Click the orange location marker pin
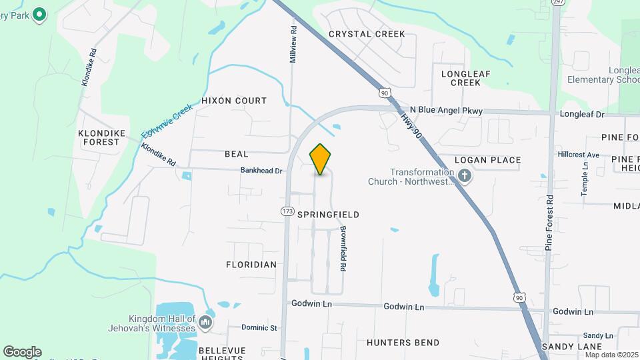[x=320, y=159]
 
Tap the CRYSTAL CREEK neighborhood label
[x=357, y=34]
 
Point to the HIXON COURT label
[x=234, y=101]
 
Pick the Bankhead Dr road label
[x=262, y=171]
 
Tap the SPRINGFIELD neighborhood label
[x=328, y=215]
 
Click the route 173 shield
[x=287, y=211]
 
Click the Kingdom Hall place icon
[x=205, y=323]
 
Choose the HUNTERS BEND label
[x=403, y=343]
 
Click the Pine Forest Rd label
[x=549, y=223]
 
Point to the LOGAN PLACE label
[x=487, y=160]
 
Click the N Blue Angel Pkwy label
[x=445, y=111]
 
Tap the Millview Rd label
[x=292, y=45]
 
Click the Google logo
[x=22, y=351]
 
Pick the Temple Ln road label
[x=584, y=178]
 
